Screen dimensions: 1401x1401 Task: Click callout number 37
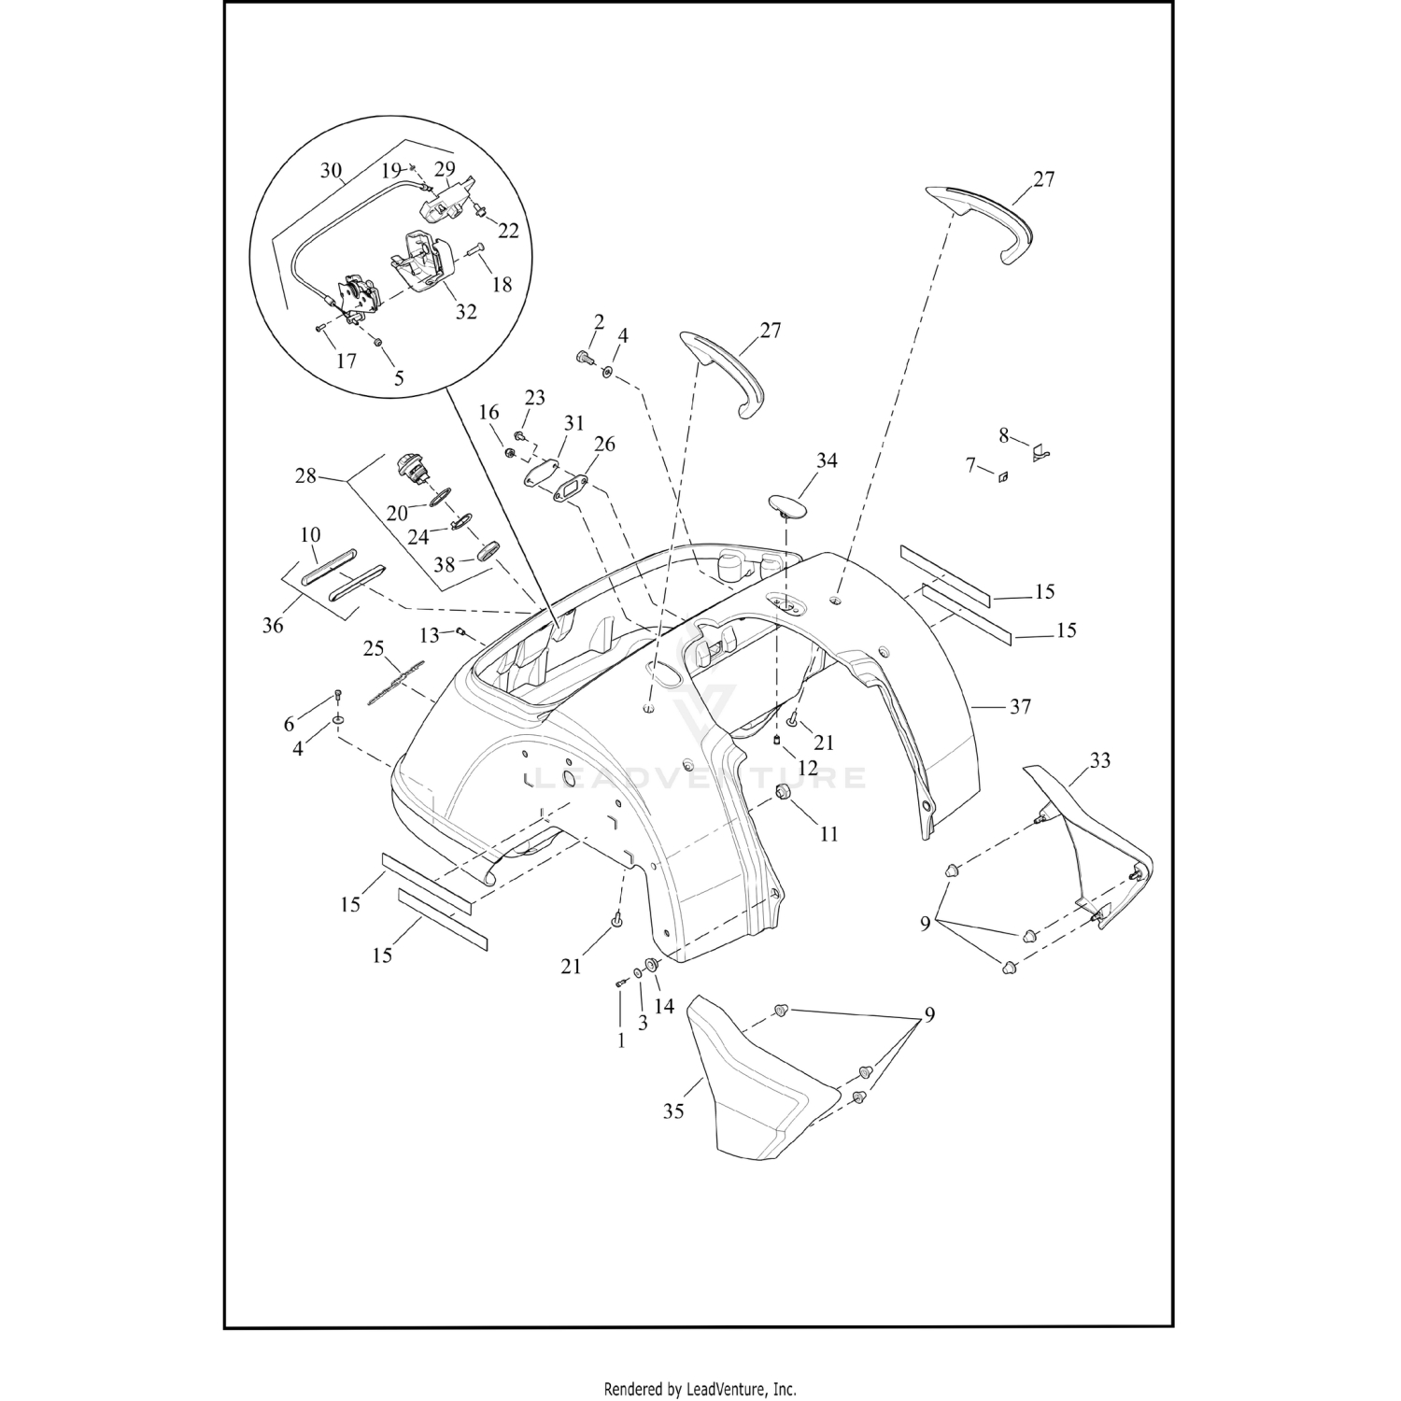(x=1020, y=707)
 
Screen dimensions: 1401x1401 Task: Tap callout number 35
(x=673, y=1111)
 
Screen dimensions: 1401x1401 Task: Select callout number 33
(x=1100, y=760)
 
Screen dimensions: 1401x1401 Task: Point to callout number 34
(x=827, y=460)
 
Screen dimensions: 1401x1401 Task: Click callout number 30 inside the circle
(x=332, y=171)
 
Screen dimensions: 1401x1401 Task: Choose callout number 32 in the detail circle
(x=466, y=311)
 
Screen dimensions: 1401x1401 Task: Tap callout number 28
(x=306, y=477)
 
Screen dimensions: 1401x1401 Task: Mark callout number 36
(x=273, y=625)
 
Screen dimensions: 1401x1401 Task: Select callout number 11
(x=829, y=833)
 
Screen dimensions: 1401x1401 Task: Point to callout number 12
(x=808, y=768)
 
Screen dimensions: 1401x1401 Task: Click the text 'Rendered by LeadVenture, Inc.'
(x=700, y=1388)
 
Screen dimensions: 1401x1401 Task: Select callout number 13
(x=429, y=635)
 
